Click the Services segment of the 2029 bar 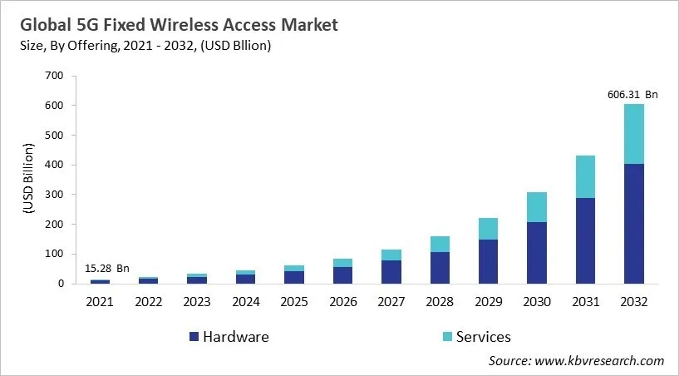488,229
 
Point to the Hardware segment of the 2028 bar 440,268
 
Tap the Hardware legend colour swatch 194,337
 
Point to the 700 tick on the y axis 53,76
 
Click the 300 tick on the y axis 53,195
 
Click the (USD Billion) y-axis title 27,181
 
